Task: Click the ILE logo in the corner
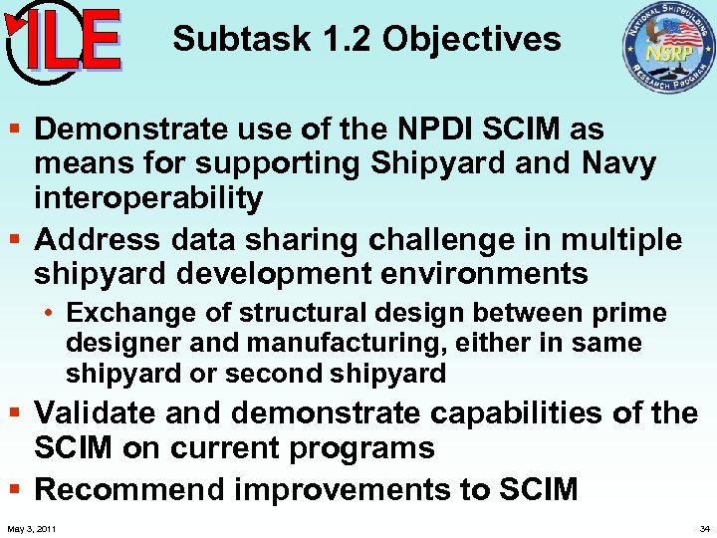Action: tap(62, 42)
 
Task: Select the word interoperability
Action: tap(148, 197)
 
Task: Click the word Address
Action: tap(97, 239)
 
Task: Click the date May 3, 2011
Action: tap(30, 527)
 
